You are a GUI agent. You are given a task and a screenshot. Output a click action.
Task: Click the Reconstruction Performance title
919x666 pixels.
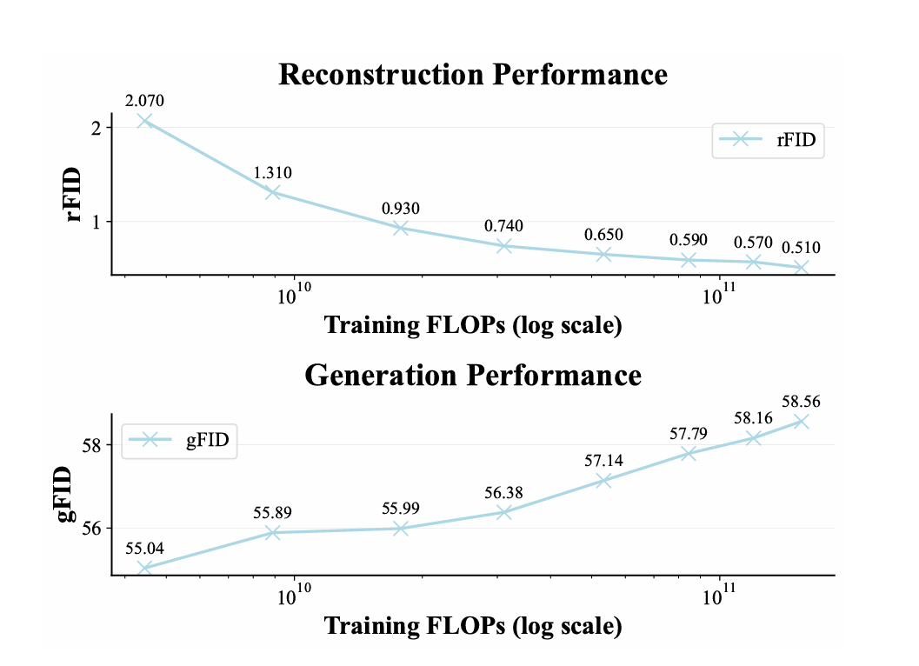pos(473,75)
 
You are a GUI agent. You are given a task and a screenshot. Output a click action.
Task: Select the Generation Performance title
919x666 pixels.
pos(473,375)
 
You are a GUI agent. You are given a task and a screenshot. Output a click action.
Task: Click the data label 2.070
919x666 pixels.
pos(145,101)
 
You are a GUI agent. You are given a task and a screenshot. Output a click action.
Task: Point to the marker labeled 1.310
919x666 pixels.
pos(273,192)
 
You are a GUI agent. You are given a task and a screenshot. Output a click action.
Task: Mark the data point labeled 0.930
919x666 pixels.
pos(401,228)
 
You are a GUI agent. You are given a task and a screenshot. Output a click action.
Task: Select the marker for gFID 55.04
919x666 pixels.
pos(145,568)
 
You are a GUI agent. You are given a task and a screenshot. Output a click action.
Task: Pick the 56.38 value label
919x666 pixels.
pos(503,493)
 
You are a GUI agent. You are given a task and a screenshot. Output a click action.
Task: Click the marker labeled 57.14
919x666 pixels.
pos(603,480)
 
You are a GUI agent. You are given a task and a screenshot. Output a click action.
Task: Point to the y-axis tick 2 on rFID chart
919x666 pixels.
pos(96,128)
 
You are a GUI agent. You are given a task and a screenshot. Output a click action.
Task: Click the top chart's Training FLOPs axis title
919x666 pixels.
pos(473,325)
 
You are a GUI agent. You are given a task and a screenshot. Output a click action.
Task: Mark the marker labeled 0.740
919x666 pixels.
pos(503,246)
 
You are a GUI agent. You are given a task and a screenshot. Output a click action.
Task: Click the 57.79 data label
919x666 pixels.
pos(688,433)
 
